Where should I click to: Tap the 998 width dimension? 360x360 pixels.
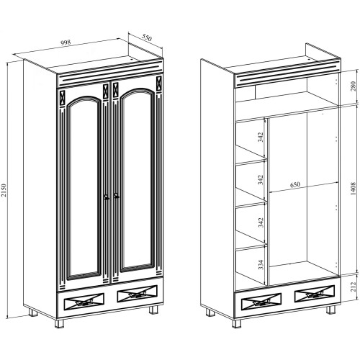click(66, 42)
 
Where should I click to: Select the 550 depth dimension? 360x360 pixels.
click(146, 37)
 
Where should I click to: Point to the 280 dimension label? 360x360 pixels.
click(353, 86)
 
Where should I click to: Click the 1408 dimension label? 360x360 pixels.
click(353, 189)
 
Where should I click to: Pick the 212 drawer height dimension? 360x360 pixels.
click(353, 287)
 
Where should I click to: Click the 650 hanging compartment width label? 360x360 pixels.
click(295, 184)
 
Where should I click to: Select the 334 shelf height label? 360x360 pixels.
click(261, 264)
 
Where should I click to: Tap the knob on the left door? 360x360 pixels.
click(107, 197)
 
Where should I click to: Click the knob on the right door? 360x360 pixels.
click(117, 196)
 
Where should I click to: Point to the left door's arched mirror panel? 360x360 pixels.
click(84, 189)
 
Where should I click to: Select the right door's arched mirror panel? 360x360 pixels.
click(137, 180)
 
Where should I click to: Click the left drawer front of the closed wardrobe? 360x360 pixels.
click(84, 301)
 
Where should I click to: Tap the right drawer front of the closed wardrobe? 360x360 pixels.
click(138, 294)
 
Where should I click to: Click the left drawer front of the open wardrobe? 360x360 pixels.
click(261, 301)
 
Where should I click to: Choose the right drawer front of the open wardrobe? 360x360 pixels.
click(315, 294)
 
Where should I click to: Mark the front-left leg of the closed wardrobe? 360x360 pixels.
click(59, 323)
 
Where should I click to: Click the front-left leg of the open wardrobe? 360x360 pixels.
click(237, 323)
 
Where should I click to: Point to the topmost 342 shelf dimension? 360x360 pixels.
click(261, 137)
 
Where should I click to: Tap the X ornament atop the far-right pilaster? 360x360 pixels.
click(159, 84)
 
